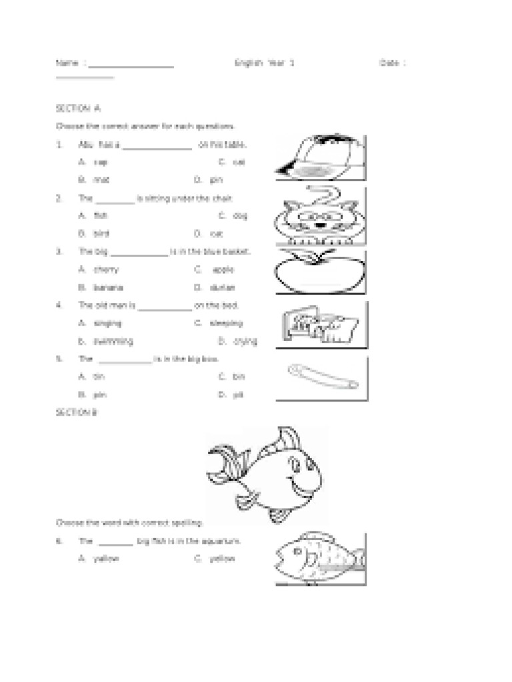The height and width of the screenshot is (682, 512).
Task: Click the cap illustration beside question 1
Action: pyautogui.click(x=320, y=158)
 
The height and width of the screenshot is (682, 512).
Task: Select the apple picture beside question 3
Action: pyautogui.click(x=320, y=272)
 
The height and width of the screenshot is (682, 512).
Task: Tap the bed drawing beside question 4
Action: pyautogui.click(x=318, y=325)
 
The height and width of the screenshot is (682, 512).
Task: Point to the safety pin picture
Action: pyautogui.click(x=321, y=376)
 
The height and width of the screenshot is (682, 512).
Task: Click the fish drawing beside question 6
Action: pyautogui.click(x=319, y=557)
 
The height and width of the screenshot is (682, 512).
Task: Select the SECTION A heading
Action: pyautogui.click(x=78, y=108)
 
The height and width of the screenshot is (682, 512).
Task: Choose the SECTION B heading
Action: pyautogui.click(x=77, y=413)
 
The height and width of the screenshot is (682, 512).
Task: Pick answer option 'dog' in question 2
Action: pyautogui.click(x=241, y=216)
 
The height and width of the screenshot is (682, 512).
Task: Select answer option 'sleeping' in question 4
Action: pyautogui.click(x=227, y=323)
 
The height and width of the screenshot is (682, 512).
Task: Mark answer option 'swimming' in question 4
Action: pyautogui.click(x=113, y=341)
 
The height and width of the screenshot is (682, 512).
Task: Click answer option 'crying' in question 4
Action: pyautogui.click(x=245, y=341)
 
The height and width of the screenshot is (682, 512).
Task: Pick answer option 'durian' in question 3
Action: pyautogui.click(x=223, y=288)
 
